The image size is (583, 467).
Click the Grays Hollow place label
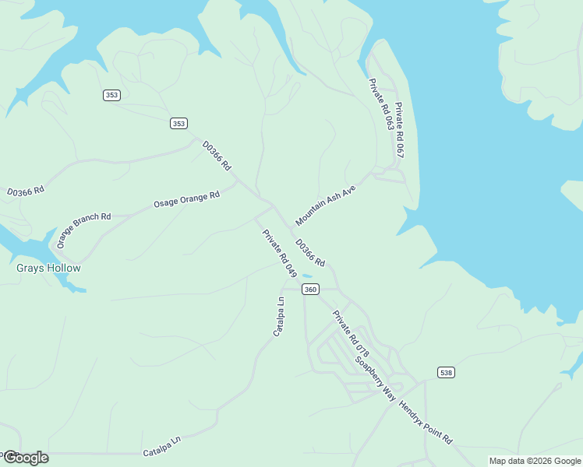click(x=48, y=268)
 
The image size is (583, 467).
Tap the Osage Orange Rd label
click(x=186, y=199)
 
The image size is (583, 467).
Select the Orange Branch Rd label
click(x=83, y=230)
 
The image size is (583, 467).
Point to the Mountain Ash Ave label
click(x=325, y=205)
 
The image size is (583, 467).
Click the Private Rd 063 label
click(x=380, y=104)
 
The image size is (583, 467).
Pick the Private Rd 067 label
click(x=399, y=130)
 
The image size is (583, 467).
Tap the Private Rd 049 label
click(x=280, y=253)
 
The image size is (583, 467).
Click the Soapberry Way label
click(x=375, y=378)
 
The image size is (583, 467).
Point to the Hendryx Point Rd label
click(x=425, y=422)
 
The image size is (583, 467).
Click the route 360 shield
click(x=310, y=290)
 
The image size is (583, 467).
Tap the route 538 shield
click(x=445, y=372)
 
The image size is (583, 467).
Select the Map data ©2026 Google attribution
click(x=535, y=461)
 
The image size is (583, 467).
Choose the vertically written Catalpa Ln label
click(x=279, y=316)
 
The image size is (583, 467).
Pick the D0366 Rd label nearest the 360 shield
click(x=310, y=250)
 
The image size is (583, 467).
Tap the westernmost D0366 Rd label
click(x=26, y=190)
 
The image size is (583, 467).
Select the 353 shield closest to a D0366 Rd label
click(x=179, y=123)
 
